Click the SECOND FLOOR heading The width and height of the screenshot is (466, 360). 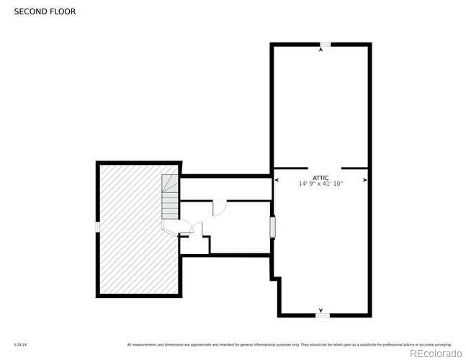pyautogui.click(x=44, y=12)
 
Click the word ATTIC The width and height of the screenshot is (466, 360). pyautogui.click(x=321, y=177)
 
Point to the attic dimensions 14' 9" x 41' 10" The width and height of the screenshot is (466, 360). pyautogui.click(x=321, y=184)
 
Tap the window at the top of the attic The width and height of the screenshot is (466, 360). pyautogui.click(x=325, y=45)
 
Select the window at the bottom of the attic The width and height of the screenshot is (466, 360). pyautogui.click(x=323, y=315)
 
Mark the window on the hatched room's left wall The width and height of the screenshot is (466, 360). pyautogui.click(x=97, y=226)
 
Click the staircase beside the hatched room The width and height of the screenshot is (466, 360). pyautogui.click(x=170, y=199)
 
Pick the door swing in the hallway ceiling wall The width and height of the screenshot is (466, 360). pyautogui.click(x=220, y=207)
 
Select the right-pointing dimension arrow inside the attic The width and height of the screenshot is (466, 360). pyautogui.click(x=365, y=180)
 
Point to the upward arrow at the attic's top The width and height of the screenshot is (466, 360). pyautogui.click(x=321, y=50)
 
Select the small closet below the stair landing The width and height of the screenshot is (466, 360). pyautogui.click(x=194, y=244)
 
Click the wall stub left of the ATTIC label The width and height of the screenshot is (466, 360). pyautogui.click(x=290, y=168)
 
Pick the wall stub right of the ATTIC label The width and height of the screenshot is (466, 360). pyautogui.click(x=355, y=168)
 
